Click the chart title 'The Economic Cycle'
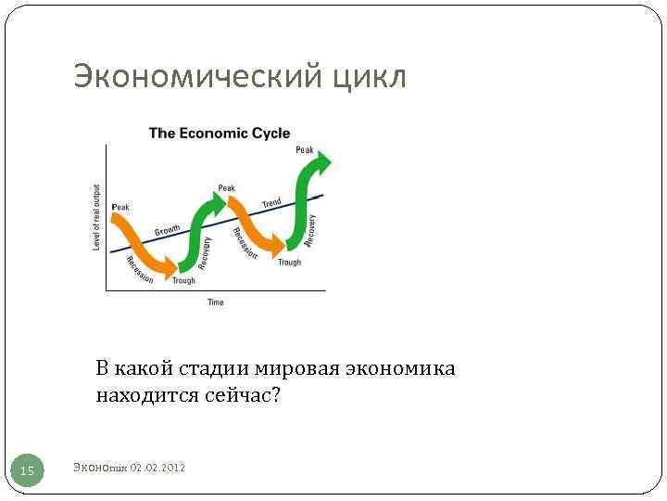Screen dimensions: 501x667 (220, 133)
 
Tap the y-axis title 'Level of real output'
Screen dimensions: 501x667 (97, 215)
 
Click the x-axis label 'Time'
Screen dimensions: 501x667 (215, 302)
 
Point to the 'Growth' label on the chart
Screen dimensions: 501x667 (167, 228)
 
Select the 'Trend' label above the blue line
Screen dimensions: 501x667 (271, 202)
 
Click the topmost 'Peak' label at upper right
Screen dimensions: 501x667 (304, 149)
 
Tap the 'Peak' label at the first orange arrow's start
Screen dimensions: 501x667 (120, 206)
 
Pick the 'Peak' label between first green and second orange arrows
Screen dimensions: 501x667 (227, 187)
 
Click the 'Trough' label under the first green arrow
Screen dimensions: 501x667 (183, 280)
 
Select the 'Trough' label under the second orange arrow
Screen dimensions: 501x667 (289, 263)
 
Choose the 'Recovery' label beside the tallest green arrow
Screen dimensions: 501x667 (312, 230)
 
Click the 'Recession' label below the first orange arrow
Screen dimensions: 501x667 (140, 269)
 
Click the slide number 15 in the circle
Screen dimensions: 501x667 (28, 471)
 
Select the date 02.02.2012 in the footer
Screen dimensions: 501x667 (158, 468)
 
